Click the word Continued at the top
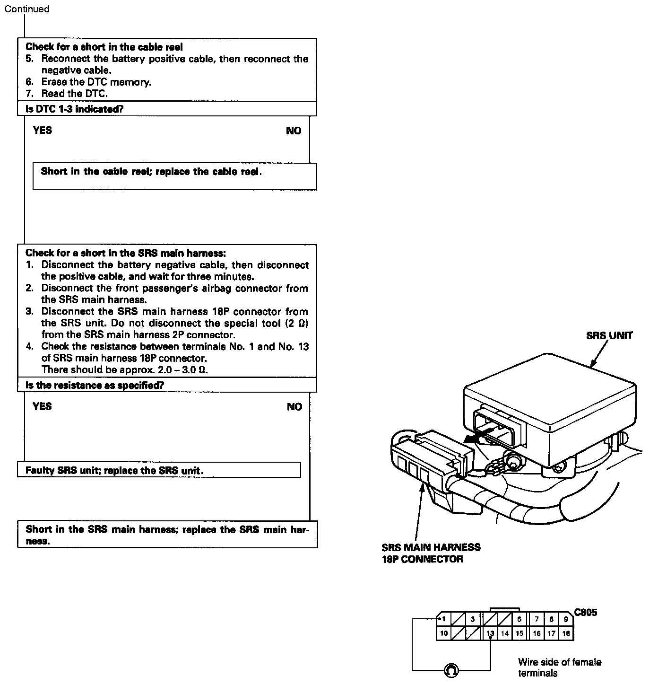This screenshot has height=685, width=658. [x=27, y=9]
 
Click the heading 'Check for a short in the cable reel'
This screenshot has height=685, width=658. [x=104, y=47]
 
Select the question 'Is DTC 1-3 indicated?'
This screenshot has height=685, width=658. [x=74, y=109]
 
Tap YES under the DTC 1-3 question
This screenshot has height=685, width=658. [x=43, y=131]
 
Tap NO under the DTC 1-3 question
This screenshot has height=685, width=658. [x=294, y=131]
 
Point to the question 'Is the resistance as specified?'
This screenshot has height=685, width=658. [x=95, y=385]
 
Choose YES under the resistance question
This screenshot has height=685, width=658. [x=43, y=406]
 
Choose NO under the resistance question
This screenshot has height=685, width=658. [x=294, y=407]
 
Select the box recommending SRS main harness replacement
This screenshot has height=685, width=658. [x=167, y=535]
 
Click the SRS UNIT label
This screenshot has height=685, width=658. [x=609, y=336]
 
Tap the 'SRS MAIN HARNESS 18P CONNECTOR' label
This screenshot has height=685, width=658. [x=431, y=553]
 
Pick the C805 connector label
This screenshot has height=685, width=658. [x=586, y=613]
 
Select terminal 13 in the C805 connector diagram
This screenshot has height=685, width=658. [x=490, y=633]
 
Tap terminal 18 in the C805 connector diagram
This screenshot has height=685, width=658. [x=566, y=633]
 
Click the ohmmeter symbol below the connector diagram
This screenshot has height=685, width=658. [x=451, y=670]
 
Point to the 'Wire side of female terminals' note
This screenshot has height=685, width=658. [x=559, y=667]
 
